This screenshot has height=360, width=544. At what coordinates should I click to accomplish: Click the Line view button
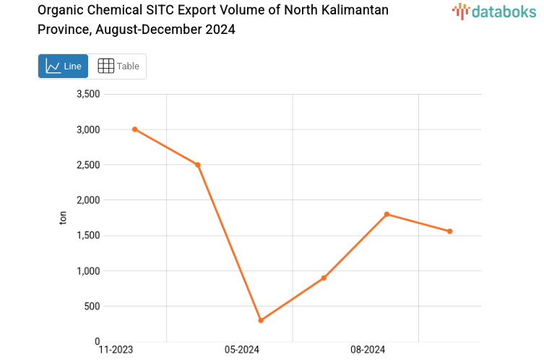[64, 66]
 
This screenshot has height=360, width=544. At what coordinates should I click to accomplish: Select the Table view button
[118, 66]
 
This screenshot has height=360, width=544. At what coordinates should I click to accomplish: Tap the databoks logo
[493, 11]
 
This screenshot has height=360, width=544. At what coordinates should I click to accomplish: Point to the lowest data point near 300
[261, 320]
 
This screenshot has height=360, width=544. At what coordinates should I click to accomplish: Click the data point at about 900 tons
[324, 278]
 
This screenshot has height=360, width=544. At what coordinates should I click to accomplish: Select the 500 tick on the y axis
[91, 307]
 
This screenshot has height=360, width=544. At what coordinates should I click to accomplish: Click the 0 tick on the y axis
[97, 341]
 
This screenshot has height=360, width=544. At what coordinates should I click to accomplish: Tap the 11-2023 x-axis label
[116, 351]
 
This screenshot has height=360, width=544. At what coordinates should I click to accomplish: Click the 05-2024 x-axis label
[242, 351]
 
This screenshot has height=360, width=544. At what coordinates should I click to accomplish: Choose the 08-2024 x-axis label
[368, 351]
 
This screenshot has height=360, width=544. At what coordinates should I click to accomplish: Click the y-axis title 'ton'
[63, 217]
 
